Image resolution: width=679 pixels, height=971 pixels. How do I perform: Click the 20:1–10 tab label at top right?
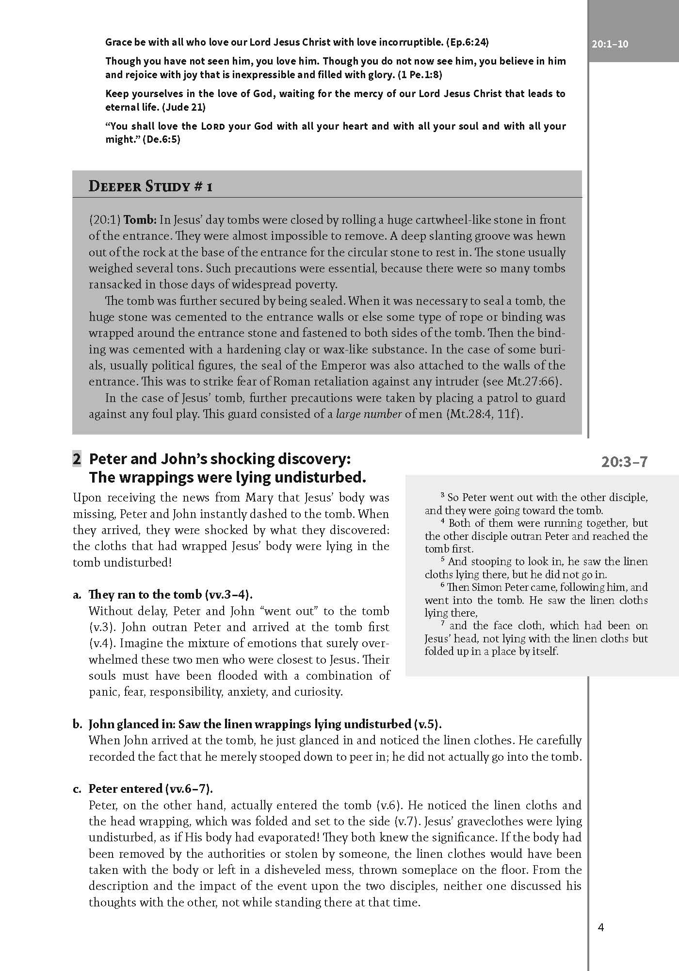[610, 44]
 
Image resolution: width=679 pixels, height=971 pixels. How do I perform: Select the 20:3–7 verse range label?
[624, 461]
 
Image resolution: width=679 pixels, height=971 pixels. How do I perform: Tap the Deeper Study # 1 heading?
[150, 186]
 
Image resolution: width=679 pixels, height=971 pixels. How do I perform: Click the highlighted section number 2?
[77, 459]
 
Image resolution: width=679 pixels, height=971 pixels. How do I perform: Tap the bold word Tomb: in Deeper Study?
[140, 220]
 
